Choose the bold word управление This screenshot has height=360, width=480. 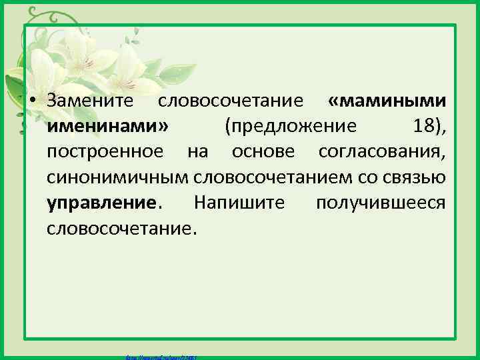tap(104, 203)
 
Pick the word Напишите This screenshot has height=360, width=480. tap(239, 203)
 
